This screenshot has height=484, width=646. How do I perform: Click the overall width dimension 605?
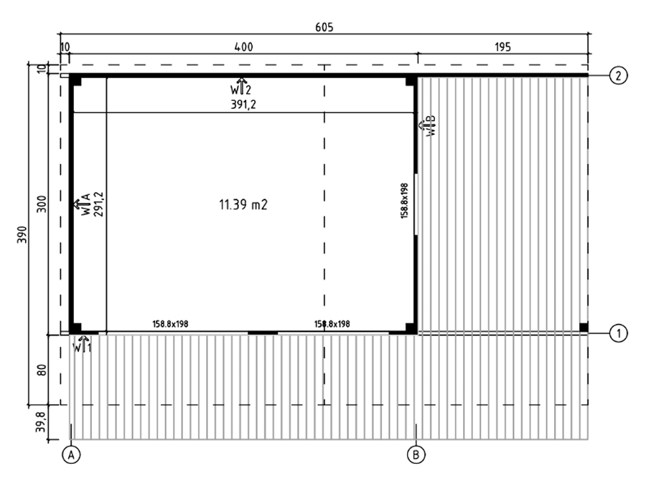pyautogui.click(x=324, y=27)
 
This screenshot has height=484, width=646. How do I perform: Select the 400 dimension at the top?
pyautogui.click(x=243, y=47)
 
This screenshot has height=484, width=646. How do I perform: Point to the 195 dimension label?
pyautogui.click(x=502, y=47)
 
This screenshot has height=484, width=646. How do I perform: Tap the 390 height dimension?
pyautogui.click(x=22, y=234)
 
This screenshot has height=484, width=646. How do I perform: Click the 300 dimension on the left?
pyautogui.click(x=42, y=204)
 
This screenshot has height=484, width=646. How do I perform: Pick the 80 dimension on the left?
pyautogui.click(x=42, y=370)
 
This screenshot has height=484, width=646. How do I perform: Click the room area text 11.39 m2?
pyautogui.click(x=243, y=204)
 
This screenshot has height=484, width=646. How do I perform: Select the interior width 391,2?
pyautogui.click(x=243, y=105)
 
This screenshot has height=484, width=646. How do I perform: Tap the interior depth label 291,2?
pyautogui.click(x=98, y=204)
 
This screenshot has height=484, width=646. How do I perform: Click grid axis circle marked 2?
pyautogui.click(x=618, y=76)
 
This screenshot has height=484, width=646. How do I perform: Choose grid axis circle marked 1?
pyautogui.click(x=618, y=333)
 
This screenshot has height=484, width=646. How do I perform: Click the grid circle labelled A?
pyautogui.click(x=71, y=455)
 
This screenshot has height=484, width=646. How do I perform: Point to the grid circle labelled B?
pyautogui.click(x=416, y=455)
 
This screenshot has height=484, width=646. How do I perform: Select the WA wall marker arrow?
pyautogui.click(x=83, y=204)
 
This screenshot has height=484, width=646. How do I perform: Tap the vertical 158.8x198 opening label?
pyautogui.click(x=404, y=201)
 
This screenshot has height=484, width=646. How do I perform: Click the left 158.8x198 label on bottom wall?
pyautogui.click(x=170, y=324)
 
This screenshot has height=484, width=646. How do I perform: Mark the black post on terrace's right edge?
pyautogui.click(x=584, y=327)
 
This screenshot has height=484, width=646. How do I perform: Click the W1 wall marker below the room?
pyautogui.click(x=83, y=344)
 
